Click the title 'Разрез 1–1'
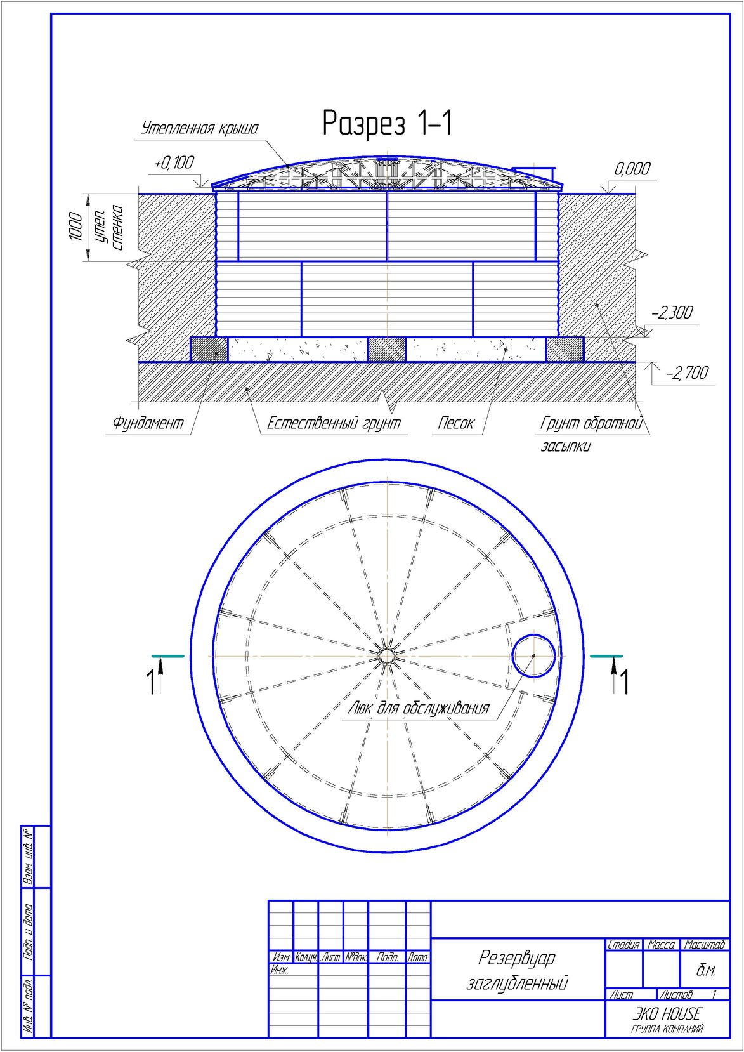click(x=388, y=123)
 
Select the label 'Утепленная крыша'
click(x=200, y=128)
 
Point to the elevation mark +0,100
click(x=174, y=162)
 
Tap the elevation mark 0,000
click(x=633, y=169)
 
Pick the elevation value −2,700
click(x=687, y=373)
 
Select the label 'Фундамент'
click(x=148, y=423)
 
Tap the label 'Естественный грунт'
click(x=334, y=423)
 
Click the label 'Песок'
click(x=456, y=423)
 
